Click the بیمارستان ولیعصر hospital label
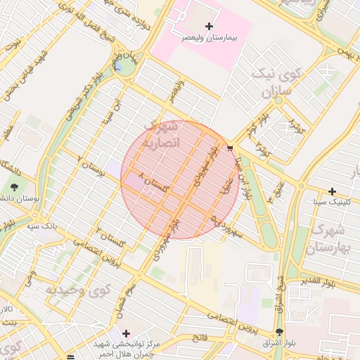[209, 37]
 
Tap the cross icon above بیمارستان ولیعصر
[209, 26]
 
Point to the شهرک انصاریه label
[163, 134]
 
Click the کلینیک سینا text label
[333, 202]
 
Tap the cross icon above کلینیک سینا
[333, 191]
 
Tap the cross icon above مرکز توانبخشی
[126, 333]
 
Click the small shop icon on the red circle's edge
[230, 148]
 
